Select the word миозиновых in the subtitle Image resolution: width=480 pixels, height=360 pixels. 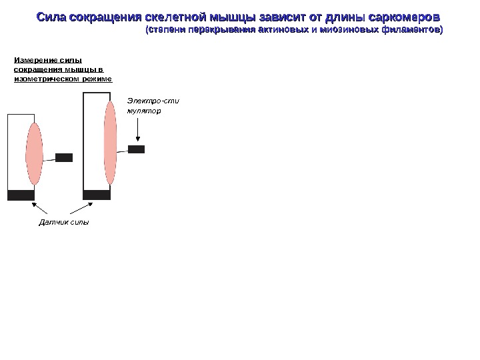pos(345,30)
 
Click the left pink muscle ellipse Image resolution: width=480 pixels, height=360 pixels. pos(34,153)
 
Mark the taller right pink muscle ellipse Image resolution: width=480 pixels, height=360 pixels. pos(110,143)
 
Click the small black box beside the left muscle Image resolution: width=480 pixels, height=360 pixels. pos(64,157)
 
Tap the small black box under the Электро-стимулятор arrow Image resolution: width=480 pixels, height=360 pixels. pos(136,149)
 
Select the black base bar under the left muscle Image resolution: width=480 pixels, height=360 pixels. pos(21,195)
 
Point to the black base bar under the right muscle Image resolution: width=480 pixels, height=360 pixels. pos(97,195)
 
